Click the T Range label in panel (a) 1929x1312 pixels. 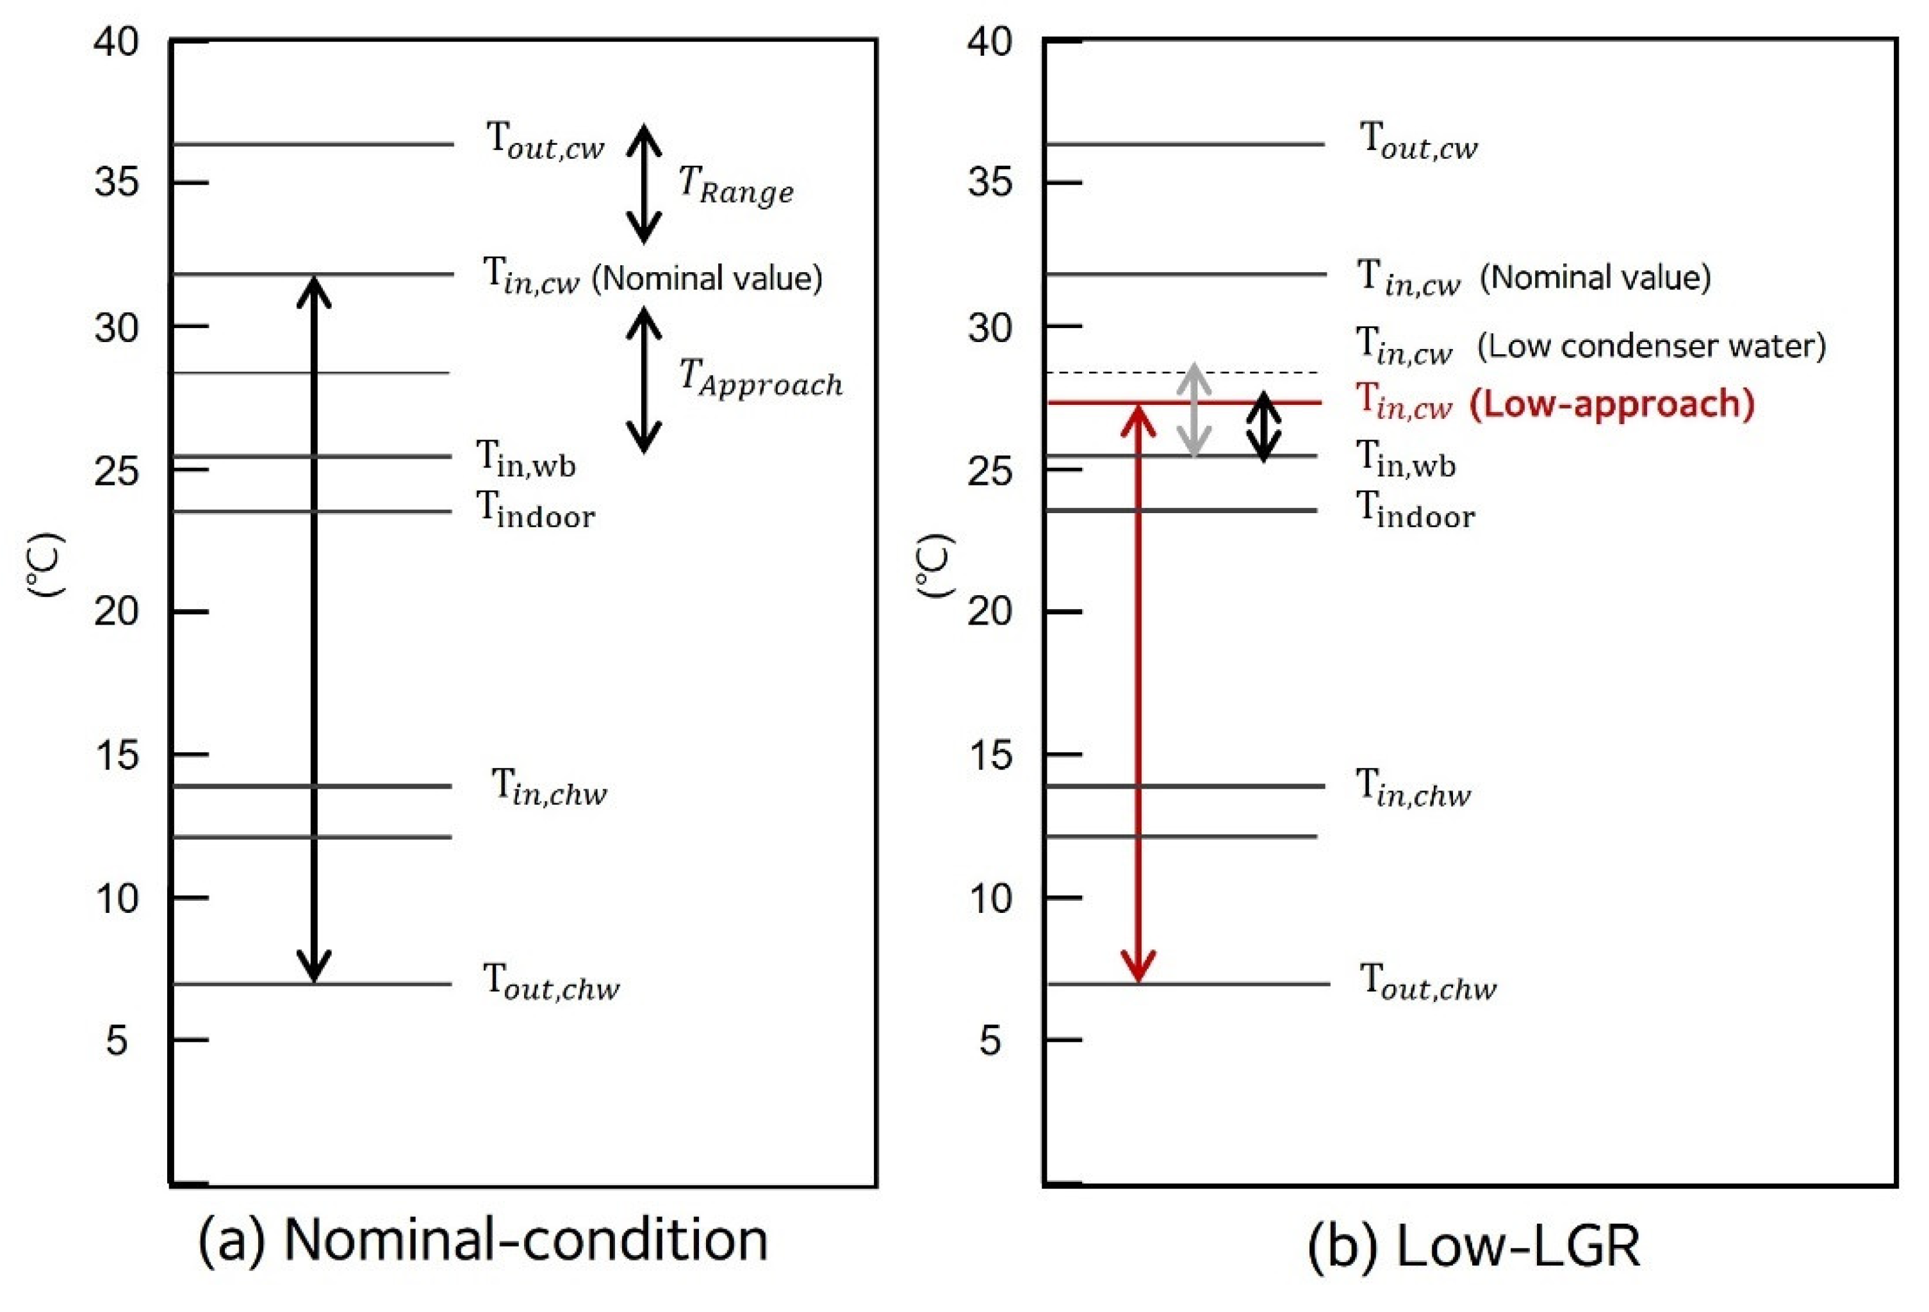(735, 184)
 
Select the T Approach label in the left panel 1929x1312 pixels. (759, 379)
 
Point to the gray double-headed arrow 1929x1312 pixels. (1194, 411)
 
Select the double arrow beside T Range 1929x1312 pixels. (643, 184)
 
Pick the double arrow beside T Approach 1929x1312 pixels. (643, 380)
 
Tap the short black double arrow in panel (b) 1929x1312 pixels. (1263, 427)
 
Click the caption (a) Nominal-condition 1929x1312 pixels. (483, 1241)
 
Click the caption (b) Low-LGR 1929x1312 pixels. (1473, 1245)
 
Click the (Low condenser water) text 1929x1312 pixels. (1652, 346)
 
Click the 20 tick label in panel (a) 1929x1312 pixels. (116, 612)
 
